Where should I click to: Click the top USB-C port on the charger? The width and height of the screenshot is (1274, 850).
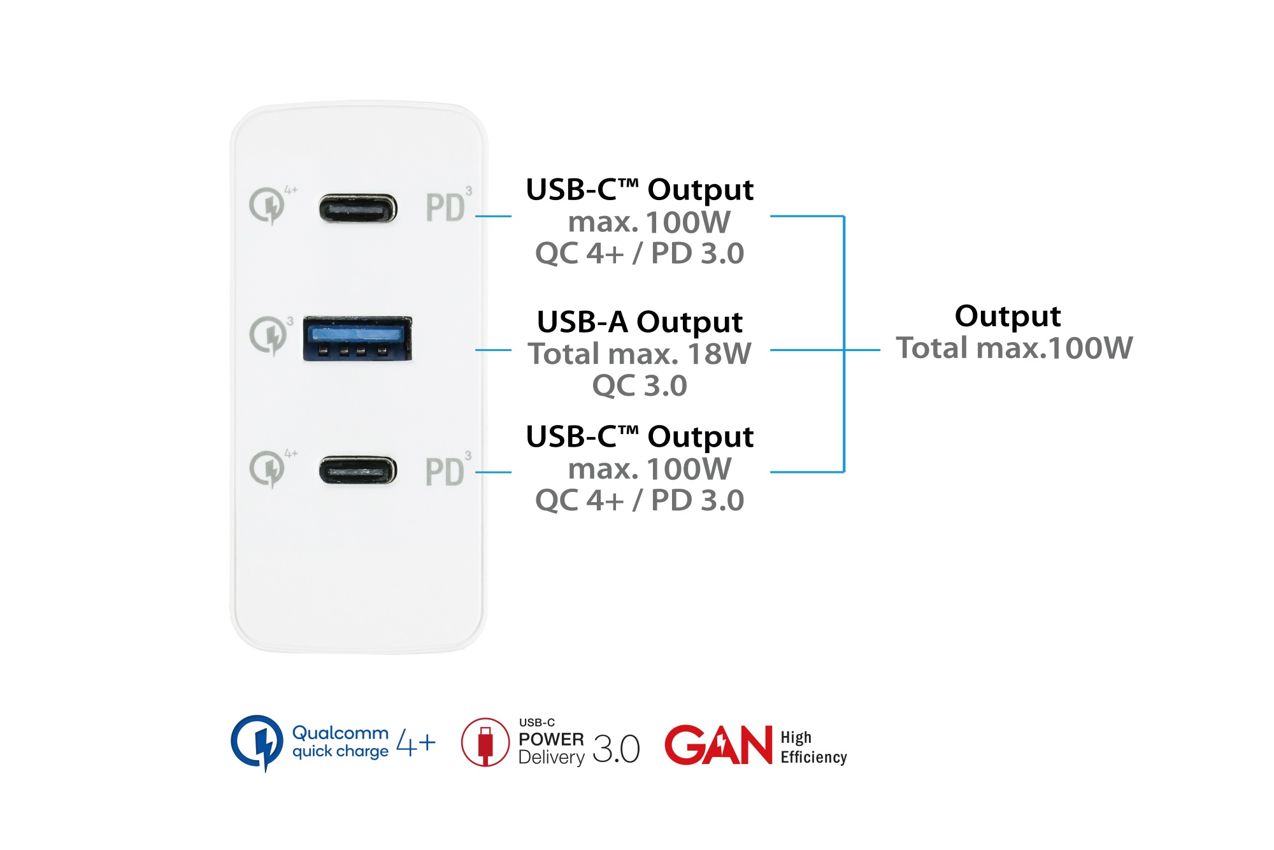point(357,208)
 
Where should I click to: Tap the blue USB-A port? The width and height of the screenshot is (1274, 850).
point(357,338)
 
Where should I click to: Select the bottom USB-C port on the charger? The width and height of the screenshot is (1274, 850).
point(357,470)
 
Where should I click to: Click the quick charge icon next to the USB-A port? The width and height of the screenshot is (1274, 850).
point(268,335)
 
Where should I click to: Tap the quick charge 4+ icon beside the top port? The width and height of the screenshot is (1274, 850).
point(268,205)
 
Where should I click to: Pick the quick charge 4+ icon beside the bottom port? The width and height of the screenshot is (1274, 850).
point(268,469)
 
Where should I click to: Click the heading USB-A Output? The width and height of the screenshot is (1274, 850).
point(640,322)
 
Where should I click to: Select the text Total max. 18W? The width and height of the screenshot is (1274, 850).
point(640,354)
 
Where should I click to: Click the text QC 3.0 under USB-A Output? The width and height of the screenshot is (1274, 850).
point(640,385)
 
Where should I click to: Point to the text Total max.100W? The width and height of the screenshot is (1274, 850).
point(1014,348)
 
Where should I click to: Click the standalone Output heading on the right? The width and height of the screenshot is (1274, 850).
point(1008,316)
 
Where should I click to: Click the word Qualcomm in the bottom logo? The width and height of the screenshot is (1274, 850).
point(340,733)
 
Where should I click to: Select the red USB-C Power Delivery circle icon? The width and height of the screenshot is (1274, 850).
point(485,742)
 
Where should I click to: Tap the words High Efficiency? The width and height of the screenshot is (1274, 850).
point(813,747)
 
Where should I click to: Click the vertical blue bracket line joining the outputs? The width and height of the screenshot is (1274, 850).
point(844,287)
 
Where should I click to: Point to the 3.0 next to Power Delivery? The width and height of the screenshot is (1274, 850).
point(616,749)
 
